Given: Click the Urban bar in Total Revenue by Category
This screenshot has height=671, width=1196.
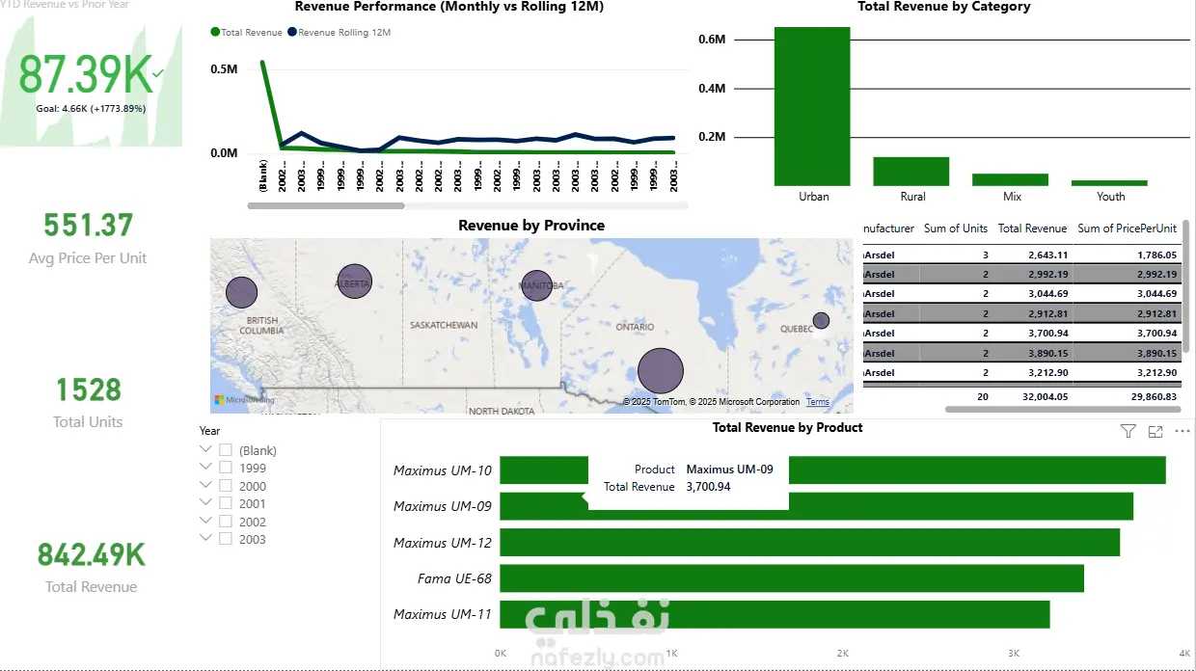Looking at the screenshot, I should pyautogui.click(x=812, y=106).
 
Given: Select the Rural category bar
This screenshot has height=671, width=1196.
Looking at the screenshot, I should pyautogui.click(x=911, y=172).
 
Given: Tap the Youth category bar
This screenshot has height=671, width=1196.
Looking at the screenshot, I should pyautogui.click(x=1109, y=182).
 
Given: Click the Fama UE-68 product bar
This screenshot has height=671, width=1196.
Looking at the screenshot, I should pyautogui.click(x=791, y=578).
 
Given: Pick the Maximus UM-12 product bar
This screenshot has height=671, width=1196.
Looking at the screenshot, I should pyautogui.click(x=809, y=543).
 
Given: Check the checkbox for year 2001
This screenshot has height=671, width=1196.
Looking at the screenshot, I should pyautogui.click(x=226, y=503).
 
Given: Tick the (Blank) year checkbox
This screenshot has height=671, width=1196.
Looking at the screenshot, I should pyautogui.click(x=226, y=450).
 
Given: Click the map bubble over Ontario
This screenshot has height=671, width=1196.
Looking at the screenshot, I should pyautogui.click(x=661, y=371).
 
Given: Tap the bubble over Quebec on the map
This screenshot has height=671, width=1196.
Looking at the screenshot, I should pyautogui.click(x=821, y=320).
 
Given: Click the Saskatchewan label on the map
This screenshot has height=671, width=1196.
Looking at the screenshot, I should pyautogui.click(x=443, y=325).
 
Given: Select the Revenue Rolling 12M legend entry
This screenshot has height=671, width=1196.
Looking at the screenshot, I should pyautogui.click(x=343, y=33).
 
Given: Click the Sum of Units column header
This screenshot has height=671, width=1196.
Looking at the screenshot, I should pyautogui.click(x=955, y=228).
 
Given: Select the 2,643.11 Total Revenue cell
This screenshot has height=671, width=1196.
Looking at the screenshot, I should pyautogui.click(x=1032, y=255).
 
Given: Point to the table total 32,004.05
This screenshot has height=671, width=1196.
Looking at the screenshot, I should pyautogui.click(x=1032, y=396).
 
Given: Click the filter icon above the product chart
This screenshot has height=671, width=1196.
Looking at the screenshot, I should pyautogui.click(x=1128, y=432).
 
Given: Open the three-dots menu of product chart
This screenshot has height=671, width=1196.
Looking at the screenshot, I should pyautogui.click(x=1182, y=432).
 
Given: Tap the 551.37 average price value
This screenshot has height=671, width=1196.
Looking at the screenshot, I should pyautogui.click(x=89, y=226).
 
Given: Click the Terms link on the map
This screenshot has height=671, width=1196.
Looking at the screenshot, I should pyautogui.click(x=817, y=402).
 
